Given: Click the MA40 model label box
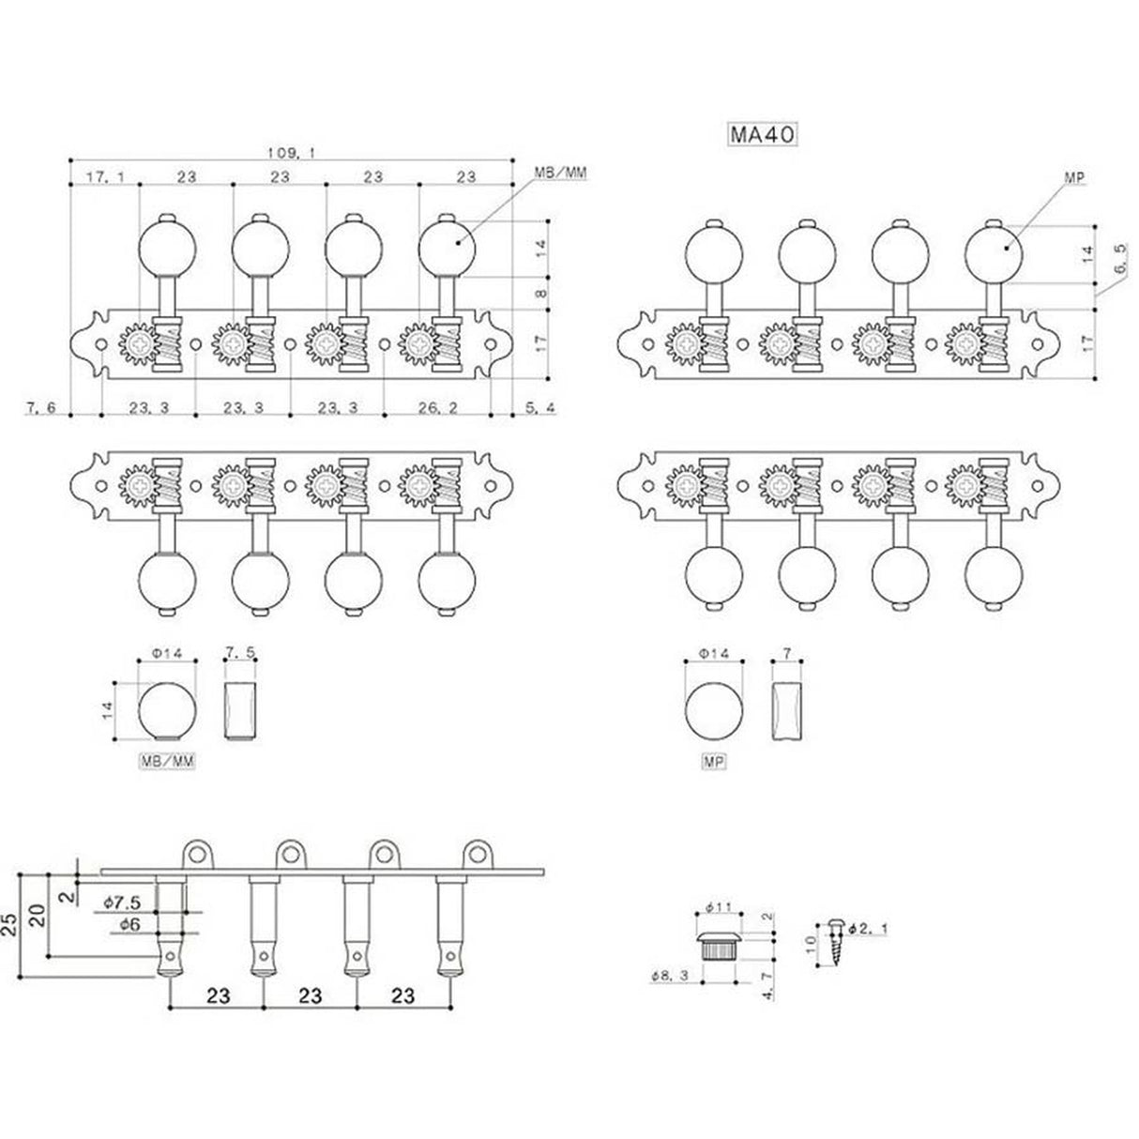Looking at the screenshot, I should point(763,135).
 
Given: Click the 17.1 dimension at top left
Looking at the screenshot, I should point(102,176).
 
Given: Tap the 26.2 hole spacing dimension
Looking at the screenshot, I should point(436,408).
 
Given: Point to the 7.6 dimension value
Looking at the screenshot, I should point(41,408).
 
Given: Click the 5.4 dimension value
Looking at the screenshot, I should point(540,408).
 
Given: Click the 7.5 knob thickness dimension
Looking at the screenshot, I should point(240,652).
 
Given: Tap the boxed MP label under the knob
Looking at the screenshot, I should point(714,764).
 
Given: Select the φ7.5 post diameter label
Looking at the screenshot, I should point(122,902).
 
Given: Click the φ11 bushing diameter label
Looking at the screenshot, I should point(718,908).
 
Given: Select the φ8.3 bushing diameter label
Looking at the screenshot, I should point(668,976).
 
